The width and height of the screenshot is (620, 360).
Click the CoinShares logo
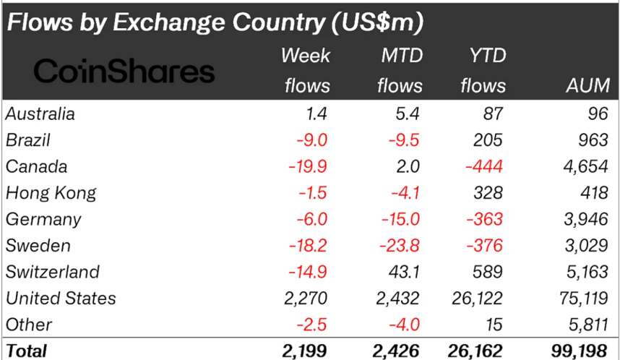tap(124, 71)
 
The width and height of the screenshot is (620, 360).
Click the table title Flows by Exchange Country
tap(214, 23)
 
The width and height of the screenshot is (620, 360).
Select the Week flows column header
tap(306, 71)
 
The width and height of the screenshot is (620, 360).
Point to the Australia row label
tap(40, 113)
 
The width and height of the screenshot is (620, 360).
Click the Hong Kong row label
tap(51, 193)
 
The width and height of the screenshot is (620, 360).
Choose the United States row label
tap(61, 298)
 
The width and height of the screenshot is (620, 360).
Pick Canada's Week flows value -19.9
tap(308, 166)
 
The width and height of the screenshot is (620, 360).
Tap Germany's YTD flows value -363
tap(486, 219)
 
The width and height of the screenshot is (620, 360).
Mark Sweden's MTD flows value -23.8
tap(400, 245)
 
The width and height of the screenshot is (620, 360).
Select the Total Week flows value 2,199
tap(306, 351)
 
